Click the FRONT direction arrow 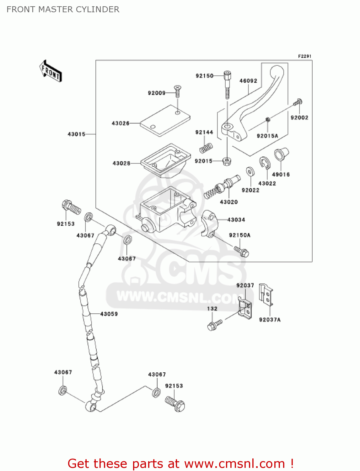[51, 71]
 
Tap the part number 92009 [157, 93]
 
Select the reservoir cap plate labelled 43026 [165, 121]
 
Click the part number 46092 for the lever [248, 81]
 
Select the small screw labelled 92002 [298, 102]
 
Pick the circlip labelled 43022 [264, 163]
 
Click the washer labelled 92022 [250, 172]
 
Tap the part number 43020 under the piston [229, 202]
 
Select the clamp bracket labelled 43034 [209, 224]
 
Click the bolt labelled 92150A [242, 251]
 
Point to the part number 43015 [77, 134]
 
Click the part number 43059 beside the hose [109, 314]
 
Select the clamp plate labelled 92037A [266, 295]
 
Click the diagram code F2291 [304, 56]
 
